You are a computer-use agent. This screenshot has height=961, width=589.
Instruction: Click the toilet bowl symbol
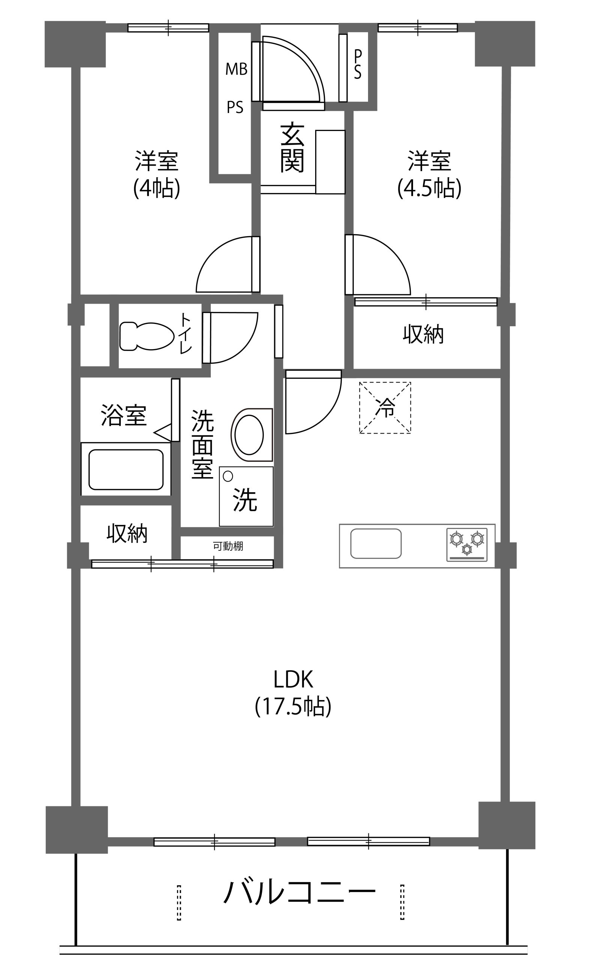(147, 336)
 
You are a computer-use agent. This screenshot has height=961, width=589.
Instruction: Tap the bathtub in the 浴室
(126, 469)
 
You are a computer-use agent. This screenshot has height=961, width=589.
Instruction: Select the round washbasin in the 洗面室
(249, 434)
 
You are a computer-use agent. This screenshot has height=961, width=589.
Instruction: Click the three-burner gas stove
(467, 545)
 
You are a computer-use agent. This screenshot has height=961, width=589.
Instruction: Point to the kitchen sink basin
(376, 543)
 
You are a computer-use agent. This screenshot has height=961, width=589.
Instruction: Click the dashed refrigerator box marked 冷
(385, 408)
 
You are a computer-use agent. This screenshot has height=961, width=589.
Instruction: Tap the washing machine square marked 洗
(246, 497)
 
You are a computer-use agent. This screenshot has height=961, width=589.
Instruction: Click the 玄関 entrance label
(292, 148)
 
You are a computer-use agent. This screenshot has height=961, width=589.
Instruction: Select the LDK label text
(293, 679)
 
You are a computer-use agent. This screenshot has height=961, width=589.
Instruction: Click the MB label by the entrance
(237, 69)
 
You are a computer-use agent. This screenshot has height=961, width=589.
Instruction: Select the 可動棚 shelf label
(228, 546)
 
